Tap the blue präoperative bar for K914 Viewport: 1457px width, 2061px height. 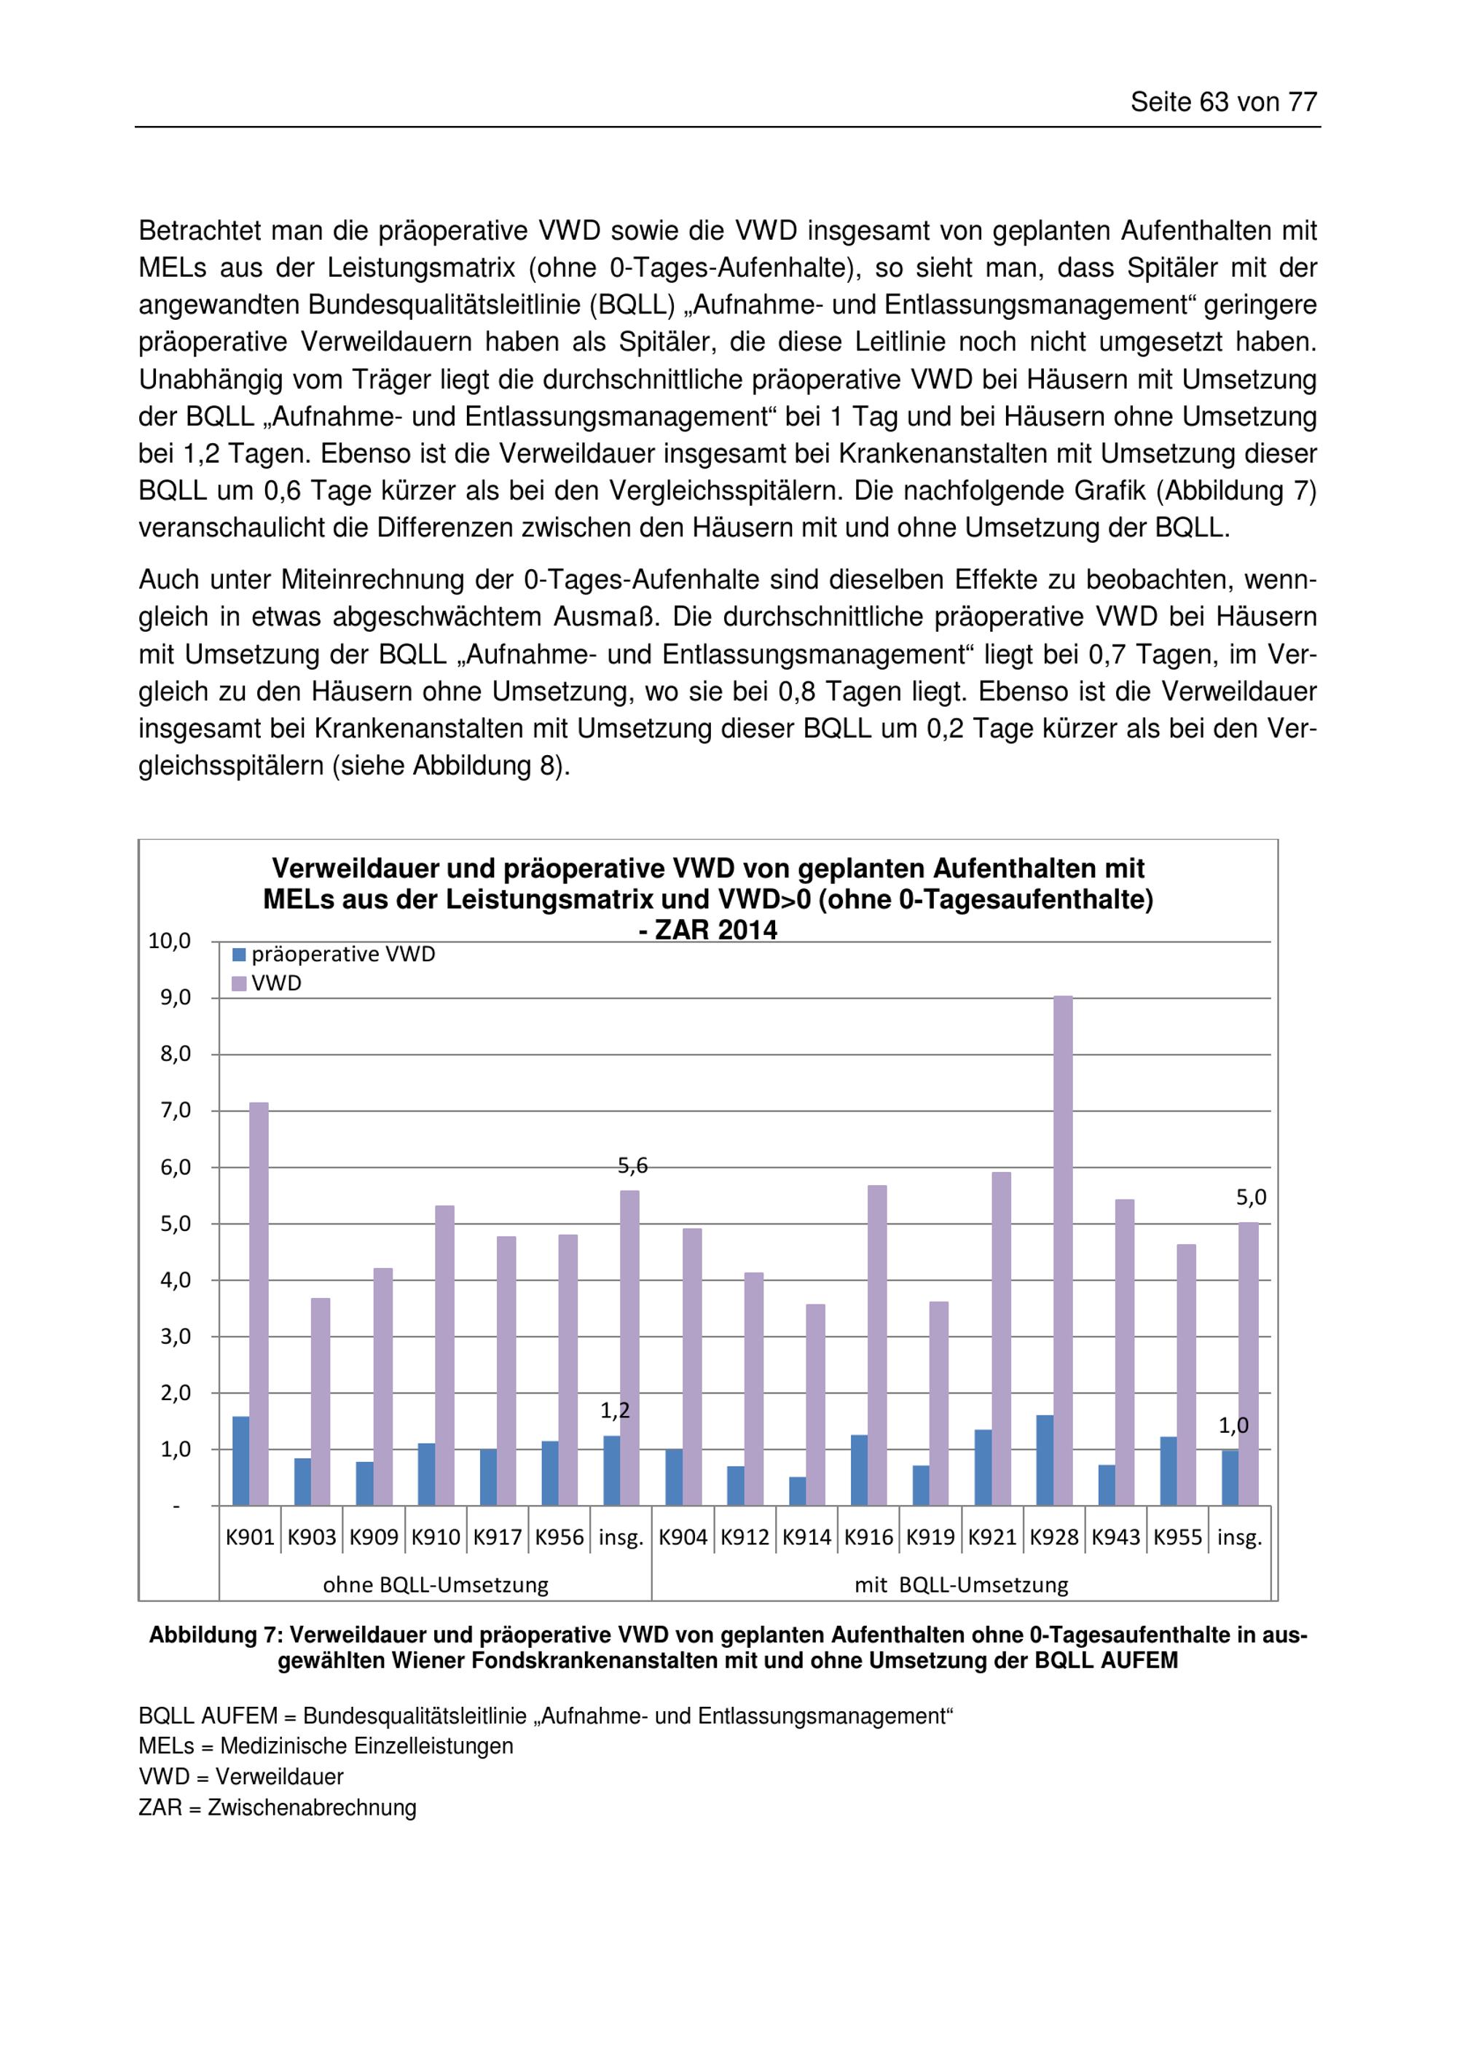point(798,1491)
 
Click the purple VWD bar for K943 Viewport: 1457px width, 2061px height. point(1125,1356)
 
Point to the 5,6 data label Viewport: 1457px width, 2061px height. point(632,1166)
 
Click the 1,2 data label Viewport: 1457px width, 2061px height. point(616,1411)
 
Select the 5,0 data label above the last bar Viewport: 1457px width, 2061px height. point(1251,1197)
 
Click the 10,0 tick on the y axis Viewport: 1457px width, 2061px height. point(170,941)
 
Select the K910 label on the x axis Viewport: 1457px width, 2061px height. point(435,1538)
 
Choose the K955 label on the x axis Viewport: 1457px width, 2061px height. point(1177,1538)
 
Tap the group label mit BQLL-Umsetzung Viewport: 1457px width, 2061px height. point(961,1584)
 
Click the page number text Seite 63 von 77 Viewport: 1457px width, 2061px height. point(1223,102)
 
